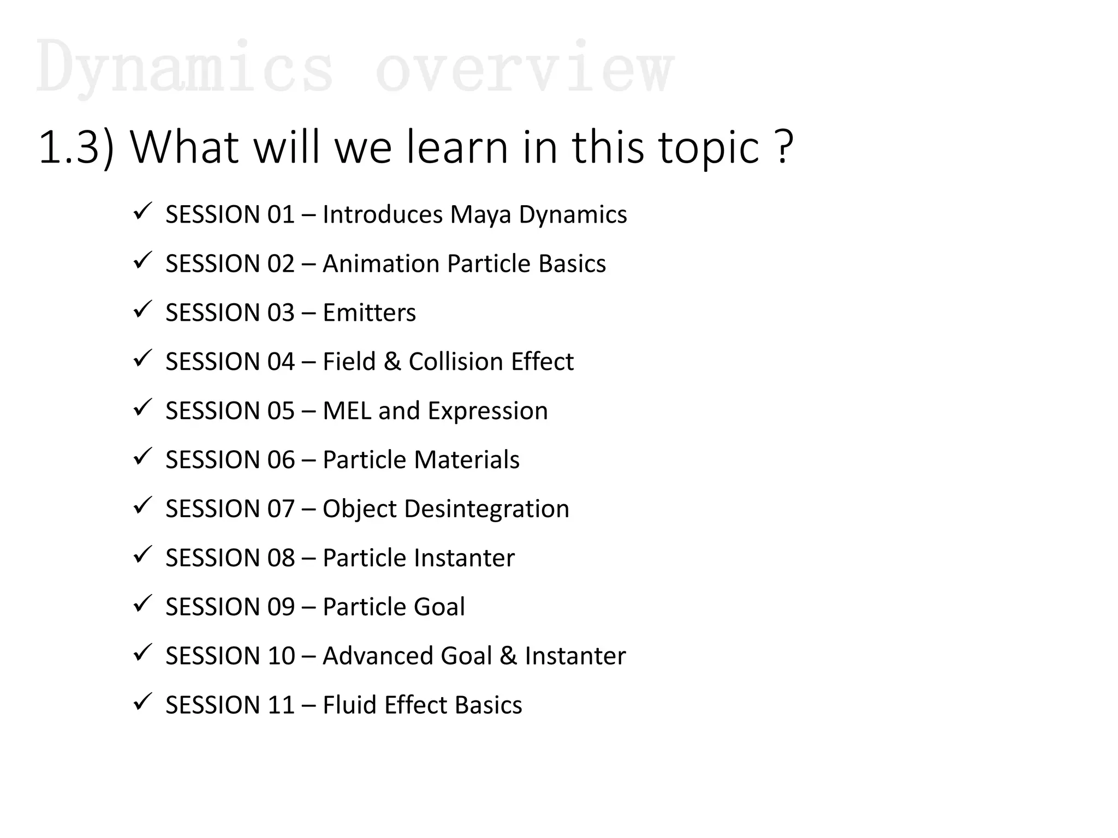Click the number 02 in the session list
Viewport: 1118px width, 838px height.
(x=281, y=264)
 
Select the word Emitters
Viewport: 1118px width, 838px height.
(x=369, y=313)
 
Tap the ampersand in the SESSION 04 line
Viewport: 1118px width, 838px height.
(x=392, y=362)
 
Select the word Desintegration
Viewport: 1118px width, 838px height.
(x=486, y=509)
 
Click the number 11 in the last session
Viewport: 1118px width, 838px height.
(x=281, y=705)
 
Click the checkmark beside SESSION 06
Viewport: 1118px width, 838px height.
(x=142, y=457)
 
